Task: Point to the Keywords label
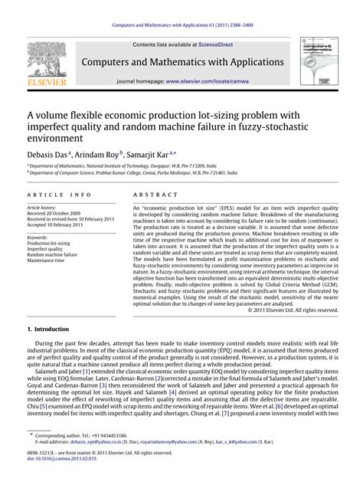38,238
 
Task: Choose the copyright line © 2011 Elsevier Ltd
293,310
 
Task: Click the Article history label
44,207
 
